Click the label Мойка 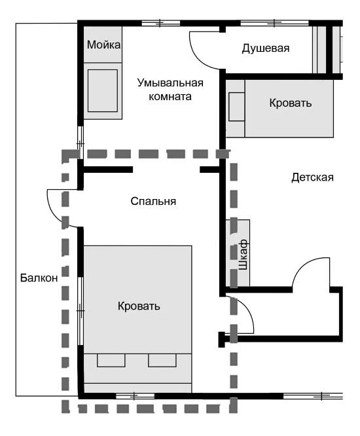[x=103, y=45]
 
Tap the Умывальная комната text [x=170, y=90]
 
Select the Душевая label [x=265, y=48]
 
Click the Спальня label [x=153, y=202]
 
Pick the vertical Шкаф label [x=243, y=254]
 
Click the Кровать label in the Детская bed [x=291, y=103]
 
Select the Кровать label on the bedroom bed [x=139, y=306]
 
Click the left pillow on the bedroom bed [x=111, y=360]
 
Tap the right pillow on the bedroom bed [x=162, y=360]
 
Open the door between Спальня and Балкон [x=59, y=206]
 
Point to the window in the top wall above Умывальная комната [x=161, y=24]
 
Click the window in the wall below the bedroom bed [x=135, y=396]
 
